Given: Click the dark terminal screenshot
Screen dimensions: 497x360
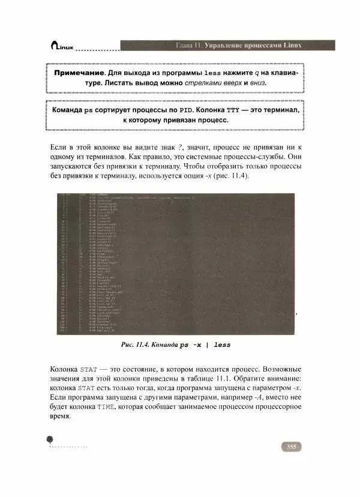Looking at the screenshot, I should [175, 264].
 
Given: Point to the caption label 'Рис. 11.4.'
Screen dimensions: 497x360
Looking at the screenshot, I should [139, 345].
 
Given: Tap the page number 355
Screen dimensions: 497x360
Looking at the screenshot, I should [290, 447].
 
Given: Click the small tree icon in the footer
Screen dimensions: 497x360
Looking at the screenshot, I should [50, 441].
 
